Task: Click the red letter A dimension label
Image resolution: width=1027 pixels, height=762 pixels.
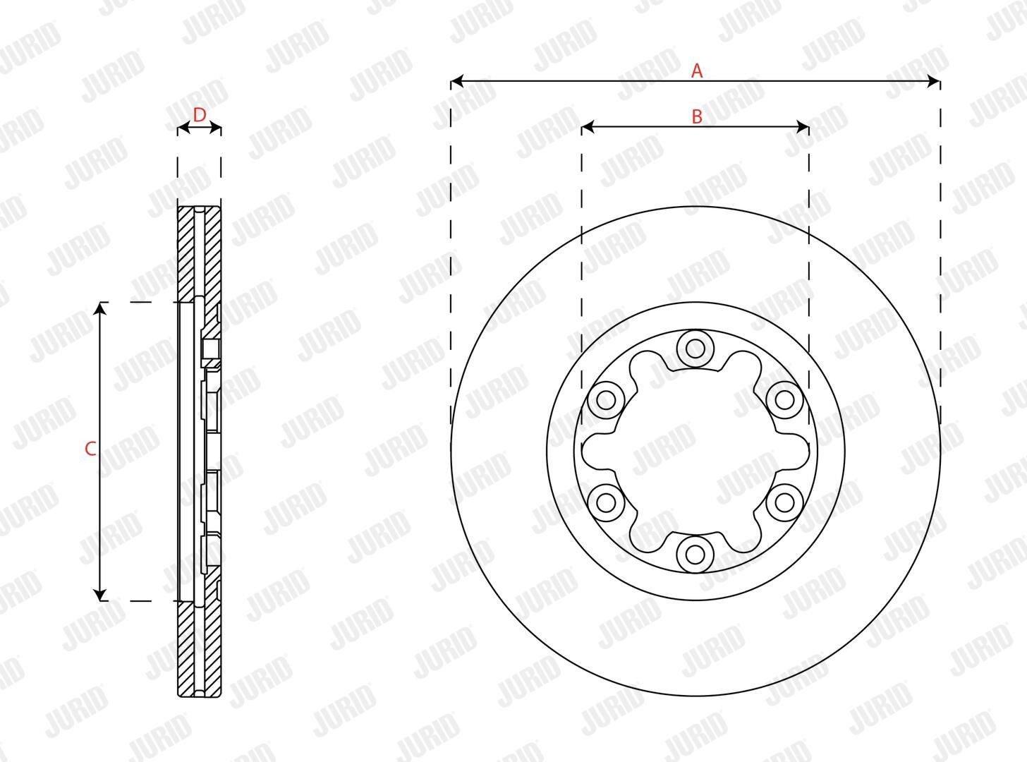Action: [x=697, y=71]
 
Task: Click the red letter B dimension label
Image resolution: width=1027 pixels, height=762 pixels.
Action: [x=697, y=116]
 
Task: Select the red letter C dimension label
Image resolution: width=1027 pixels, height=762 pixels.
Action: [x=90, y=449]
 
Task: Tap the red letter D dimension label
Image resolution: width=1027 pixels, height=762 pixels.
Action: [x=199, y=115]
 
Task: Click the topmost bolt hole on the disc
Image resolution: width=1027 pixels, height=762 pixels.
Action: [x=695, y=349]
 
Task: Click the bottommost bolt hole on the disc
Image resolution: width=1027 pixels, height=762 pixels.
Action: [x=695, y=554]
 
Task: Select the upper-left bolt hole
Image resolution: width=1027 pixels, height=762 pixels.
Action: [x=606, y=400]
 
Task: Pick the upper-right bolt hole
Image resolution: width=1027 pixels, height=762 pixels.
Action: [x=785, y=400]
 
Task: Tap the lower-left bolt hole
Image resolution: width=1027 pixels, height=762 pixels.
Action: [x=606, y=502]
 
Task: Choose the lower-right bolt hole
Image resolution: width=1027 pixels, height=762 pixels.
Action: [x=785, y=502]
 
